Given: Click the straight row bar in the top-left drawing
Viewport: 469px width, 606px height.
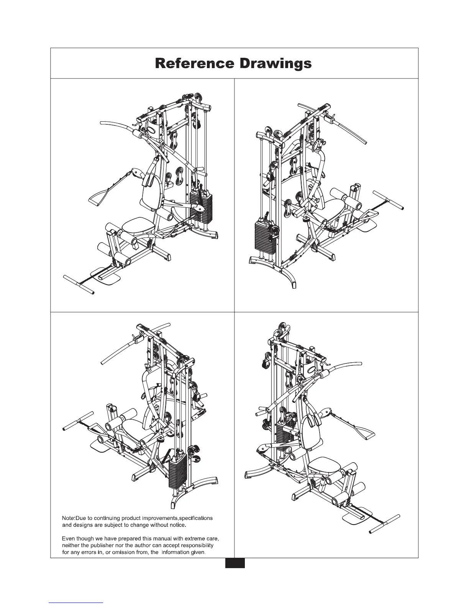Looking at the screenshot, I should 79,284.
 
